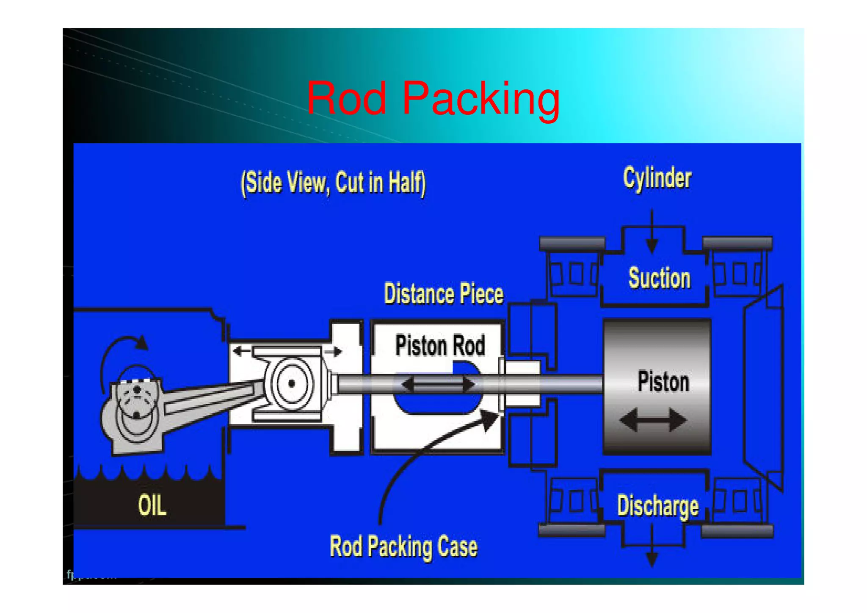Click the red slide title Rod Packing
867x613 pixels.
(x=433, y=98)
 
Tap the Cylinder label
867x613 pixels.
(x=657, y=178)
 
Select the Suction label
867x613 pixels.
(x=659, y=278)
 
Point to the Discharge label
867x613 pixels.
(x=657, y=506)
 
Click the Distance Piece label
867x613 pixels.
(x=443, y=294)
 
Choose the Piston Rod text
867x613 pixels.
(x=440, y=345)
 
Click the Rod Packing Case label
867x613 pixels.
(x=403, y=546)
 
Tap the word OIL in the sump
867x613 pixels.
(x=152, y=505)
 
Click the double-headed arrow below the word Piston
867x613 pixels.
(x=653, y=420)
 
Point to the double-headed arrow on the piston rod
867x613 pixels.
(x=438, y=384)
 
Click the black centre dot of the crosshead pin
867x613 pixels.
(x=291, y=383)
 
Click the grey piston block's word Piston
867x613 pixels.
(x=663, y=382)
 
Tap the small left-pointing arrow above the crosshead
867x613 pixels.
(x=241, y=351)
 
